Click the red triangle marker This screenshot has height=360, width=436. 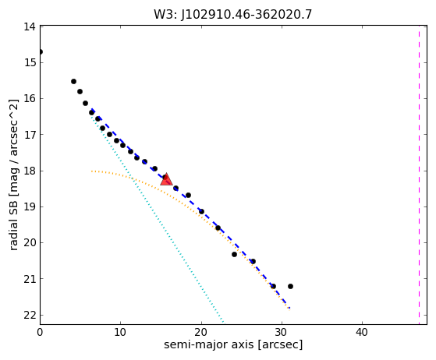coord(166,179)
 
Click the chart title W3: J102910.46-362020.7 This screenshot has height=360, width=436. coord(233,15)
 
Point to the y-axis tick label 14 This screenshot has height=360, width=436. coord(30,27)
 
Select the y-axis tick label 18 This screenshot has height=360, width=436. coord(30,171)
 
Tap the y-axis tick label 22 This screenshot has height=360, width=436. coord(30,316)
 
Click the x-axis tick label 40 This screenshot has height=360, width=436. coord(363,332)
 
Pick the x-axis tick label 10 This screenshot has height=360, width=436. coord(120,332)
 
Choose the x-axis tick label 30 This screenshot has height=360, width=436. coord(282,332)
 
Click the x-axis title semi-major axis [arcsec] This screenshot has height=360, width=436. coord(233,344)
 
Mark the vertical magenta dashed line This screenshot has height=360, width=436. coord(419,175)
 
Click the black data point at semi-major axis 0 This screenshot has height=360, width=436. coord(41,52)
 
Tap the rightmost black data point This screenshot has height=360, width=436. coord(290,286)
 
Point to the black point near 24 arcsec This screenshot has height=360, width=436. coord(234,254)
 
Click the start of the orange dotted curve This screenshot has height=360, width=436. coord(91,171)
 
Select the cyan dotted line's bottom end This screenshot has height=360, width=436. coord(223,323)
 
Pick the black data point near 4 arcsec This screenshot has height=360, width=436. coord(73,81)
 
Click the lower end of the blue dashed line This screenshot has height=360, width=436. coord(289,308)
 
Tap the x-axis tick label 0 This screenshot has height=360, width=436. coord(40,332)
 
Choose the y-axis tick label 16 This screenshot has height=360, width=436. coord(30,99)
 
